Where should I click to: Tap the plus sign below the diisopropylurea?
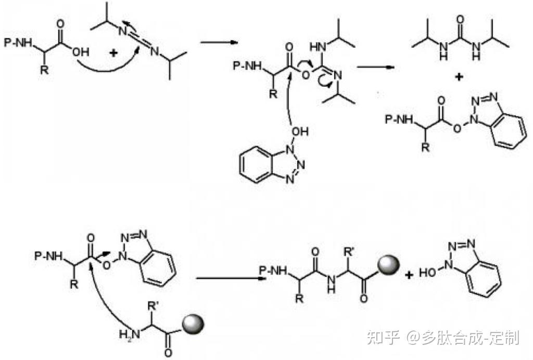point(460,78)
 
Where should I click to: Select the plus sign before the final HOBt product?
point(410,274)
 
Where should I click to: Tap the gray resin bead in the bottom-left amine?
point(194,326)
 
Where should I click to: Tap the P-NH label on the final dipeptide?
point(273,270)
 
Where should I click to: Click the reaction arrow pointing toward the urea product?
point(374,67)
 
